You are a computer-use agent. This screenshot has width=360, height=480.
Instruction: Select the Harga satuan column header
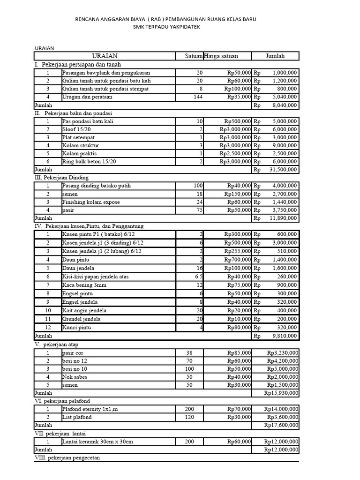221,56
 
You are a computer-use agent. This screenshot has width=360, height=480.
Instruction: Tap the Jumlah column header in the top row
275,56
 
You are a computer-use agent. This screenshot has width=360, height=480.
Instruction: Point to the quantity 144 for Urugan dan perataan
198,97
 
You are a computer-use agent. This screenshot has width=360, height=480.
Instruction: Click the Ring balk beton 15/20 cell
89,161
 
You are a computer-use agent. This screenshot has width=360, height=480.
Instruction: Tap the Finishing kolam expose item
91,202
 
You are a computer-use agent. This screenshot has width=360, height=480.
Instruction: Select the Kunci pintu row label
76,327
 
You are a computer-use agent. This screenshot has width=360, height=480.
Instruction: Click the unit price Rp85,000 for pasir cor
239,352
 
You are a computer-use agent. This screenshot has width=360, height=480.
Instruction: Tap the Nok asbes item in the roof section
74,377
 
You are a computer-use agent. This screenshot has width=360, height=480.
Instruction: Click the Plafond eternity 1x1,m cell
90,409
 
